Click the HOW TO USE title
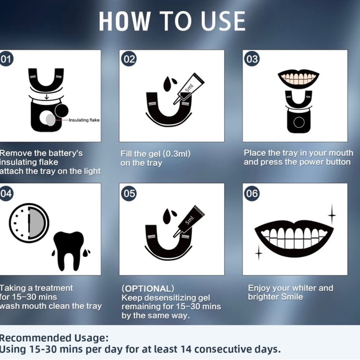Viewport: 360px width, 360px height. [172, 20]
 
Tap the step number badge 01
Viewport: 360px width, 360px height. [7, 60]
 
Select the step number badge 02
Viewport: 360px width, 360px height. [128, 60]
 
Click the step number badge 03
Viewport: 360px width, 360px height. [251, 60]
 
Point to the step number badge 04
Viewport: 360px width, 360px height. [7, 193]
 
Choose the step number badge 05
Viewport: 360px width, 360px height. [128, 193]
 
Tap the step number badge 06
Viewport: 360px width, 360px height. [251, 193]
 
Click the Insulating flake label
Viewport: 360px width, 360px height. [83, 119]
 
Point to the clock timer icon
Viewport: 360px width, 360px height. [29, 223]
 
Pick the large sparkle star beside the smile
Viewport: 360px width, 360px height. [331, 215]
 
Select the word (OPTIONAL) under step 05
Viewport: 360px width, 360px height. [148, 289]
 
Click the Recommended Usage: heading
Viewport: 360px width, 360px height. [54, 338]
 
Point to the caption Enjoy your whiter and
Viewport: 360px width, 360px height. [290, 288]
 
